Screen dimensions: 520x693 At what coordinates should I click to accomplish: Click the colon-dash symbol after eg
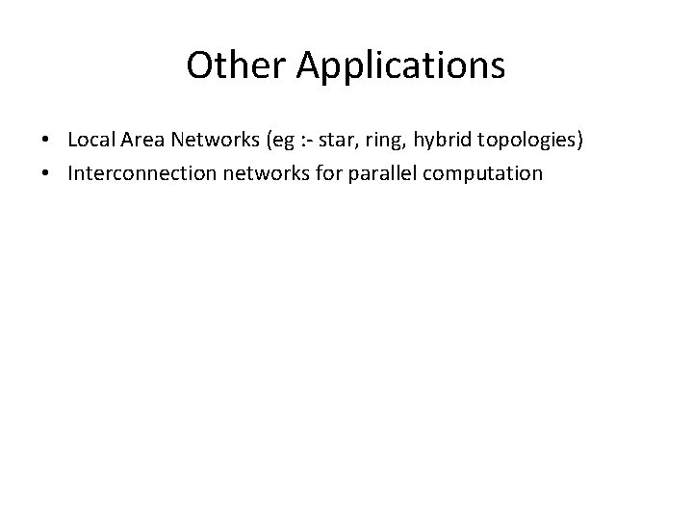(x=303, y=142)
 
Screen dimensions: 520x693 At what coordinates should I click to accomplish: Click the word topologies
(x=527, y=143)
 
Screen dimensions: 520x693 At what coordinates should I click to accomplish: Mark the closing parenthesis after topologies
(x=580, y=142)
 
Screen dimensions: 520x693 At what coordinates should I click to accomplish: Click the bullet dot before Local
(x=46, y=142)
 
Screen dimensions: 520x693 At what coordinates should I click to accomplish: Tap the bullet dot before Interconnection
(x=46, y=174)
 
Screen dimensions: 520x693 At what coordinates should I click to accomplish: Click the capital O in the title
(x=198, y=65)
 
